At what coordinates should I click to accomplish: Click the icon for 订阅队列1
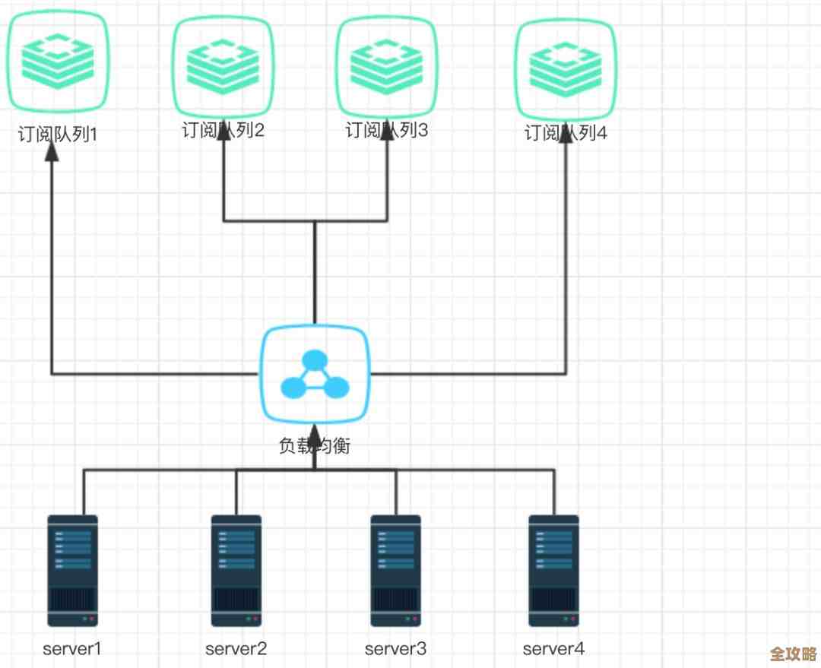pyautogui.click(x=58, y=61)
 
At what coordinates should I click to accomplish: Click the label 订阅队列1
pyautogui.click(x=58, y=135)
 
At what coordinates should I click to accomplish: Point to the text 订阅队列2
pyautogui.click(x=223, y=131)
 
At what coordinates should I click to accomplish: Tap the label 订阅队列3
pyautogui.click(x=386, y=131)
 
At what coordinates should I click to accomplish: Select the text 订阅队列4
pyautogui.click(x=566, y=134)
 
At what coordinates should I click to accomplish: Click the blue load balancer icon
pyautogui.click(x=315, y=375)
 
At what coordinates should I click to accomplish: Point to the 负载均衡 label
pyautogui.click(x=315, y=445)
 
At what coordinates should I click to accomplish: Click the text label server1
pyautogui.click(x=72, y=648)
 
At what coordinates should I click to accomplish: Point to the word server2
pyautogui.click(x=236, y=648)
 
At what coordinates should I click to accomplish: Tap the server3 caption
pyautogui.click(x=395, y=648)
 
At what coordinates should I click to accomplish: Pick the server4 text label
pyautogui.click(x=553, y=648)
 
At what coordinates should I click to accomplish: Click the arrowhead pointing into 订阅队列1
pyautogui.click(x=52, y=151)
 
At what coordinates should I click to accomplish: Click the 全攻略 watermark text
pyautogui.click(x=792, y=654)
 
